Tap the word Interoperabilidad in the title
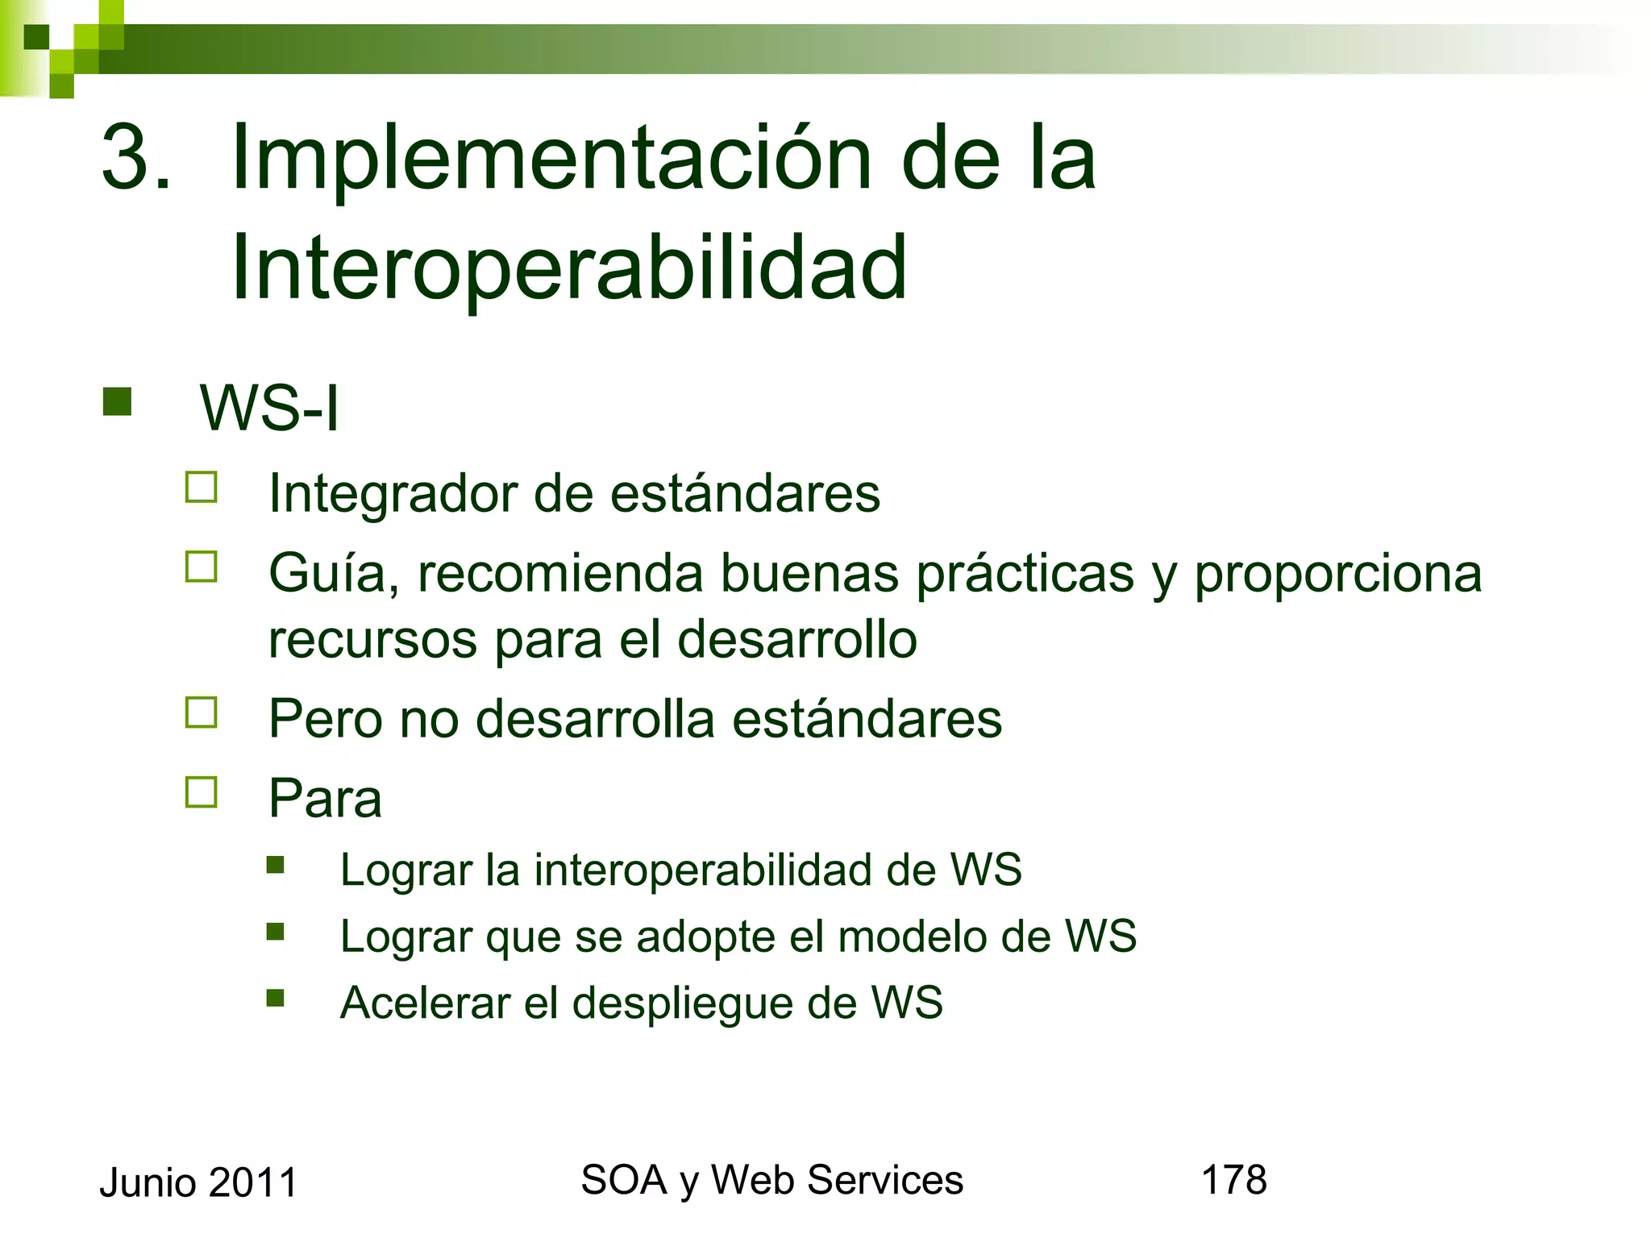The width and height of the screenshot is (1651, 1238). (568, 268)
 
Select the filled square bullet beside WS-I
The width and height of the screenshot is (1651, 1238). (117, 401)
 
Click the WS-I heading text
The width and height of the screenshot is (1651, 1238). (269, 409)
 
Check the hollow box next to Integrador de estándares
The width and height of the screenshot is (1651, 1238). (202, 488)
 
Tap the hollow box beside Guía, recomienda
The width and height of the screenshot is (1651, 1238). (202, 567)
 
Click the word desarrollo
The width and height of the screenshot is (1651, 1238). (796, 640)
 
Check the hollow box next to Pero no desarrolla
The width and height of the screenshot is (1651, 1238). (202, 712)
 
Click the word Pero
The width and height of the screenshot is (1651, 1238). (325, 719)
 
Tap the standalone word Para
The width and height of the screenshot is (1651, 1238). (325, 799)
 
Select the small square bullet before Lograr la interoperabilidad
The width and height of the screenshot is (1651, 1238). (276, 866)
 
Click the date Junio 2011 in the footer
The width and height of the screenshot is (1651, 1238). (198, 1183)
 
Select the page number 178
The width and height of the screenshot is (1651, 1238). (1233, 1180)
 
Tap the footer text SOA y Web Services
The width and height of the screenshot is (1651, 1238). (771, 1181)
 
